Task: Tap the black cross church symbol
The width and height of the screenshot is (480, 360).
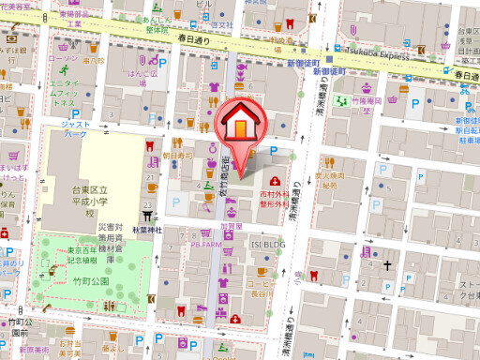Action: (x=386, y=265)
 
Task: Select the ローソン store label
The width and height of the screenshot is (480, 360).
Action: (x=62, y=58)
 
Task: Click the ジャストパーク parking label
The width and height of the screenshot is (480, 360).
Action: (x=75, y=129)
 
